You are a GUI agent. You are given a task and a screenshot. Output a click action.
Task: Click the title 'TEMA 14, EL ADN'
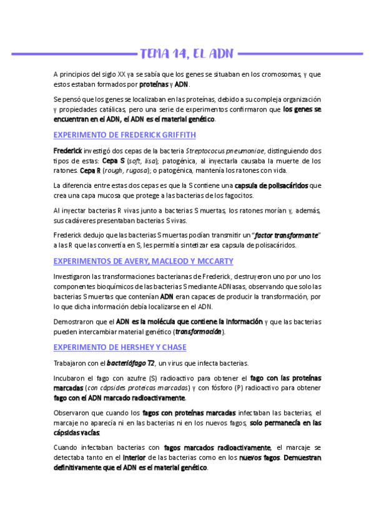point(187,54)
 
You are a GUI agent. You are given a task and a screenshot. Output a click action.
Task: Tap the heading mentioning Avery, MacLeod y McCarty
point(144,261)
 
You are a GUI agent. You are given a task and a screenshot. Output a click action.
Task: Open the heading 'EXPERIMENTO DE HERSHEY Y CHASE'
point(120,347)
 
